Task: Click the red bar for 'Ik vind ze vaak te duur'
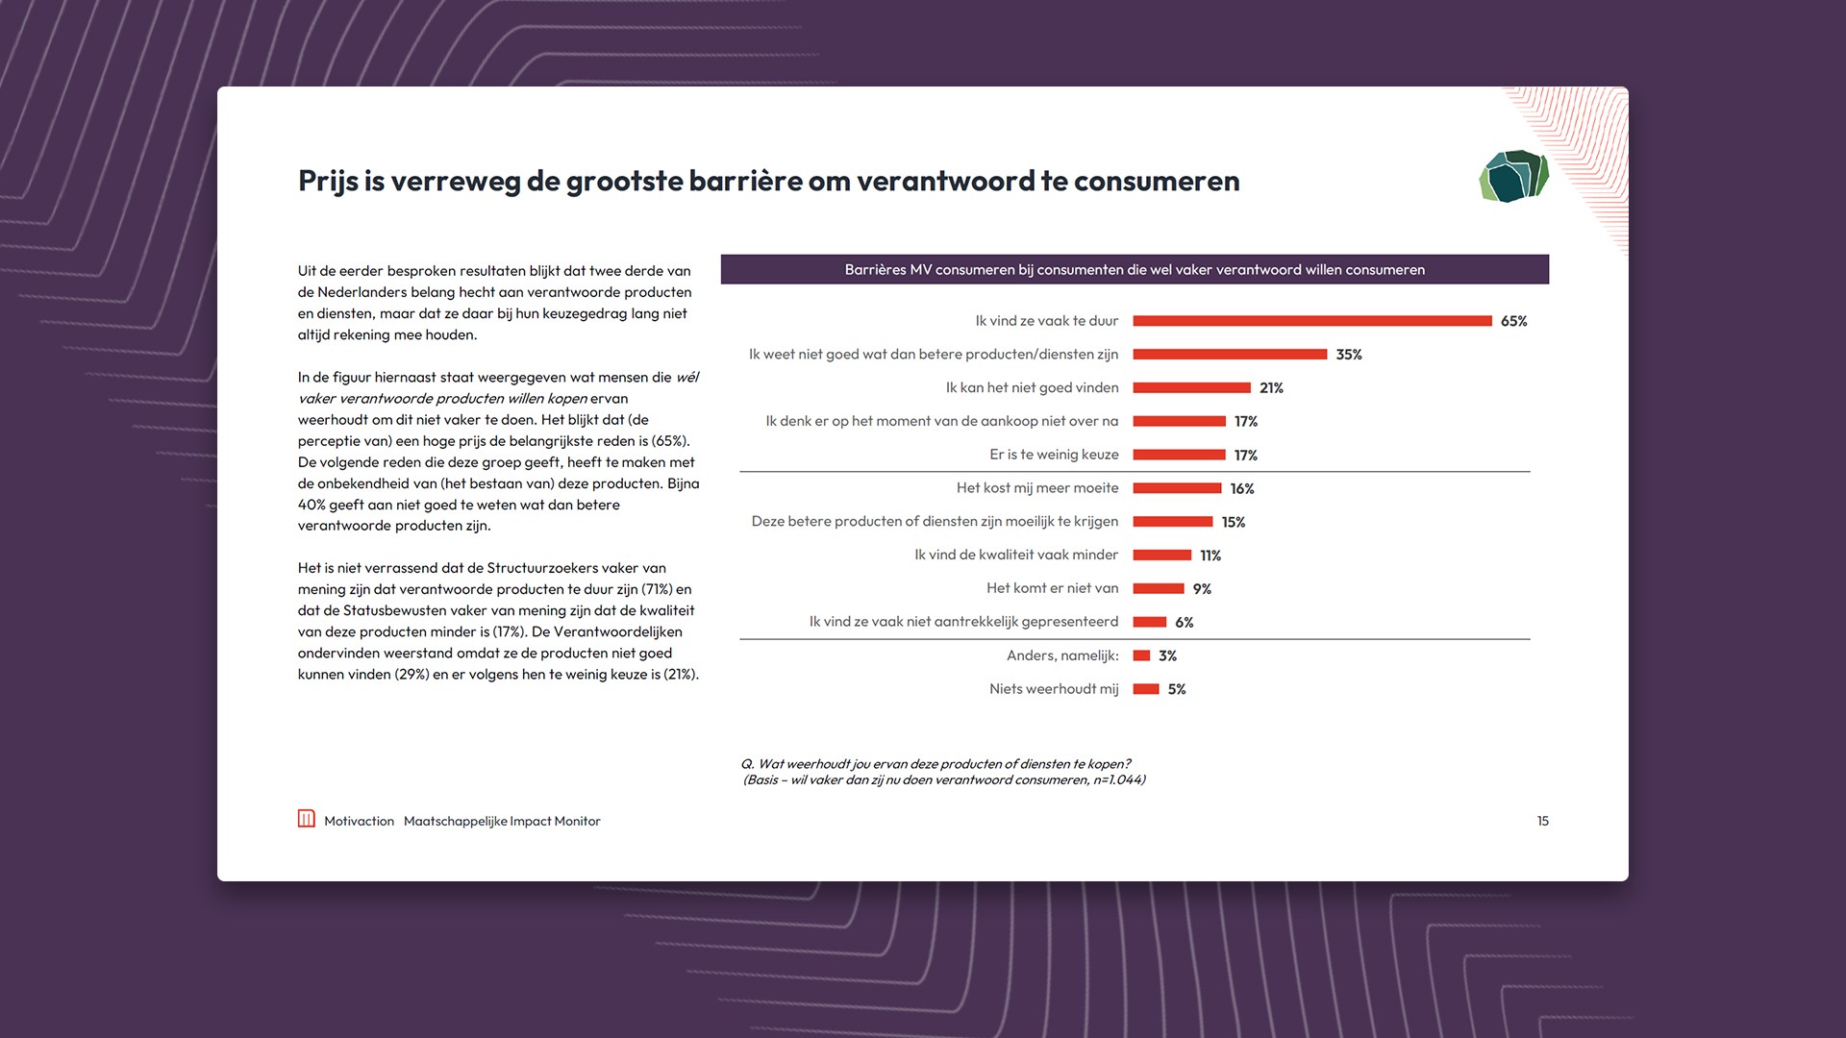coord(1311,321)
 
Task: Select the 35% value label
coord(1348,355)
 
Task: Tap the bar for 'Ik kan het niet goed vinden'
coord(1191,388)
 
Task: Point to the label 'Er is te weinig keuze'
coord(1054,455)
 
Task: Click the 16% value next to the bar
coord(1241,489)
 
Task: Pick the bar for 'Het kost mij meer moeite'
coord(1177,488)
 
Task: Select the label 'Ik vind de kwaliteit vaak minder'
coord(1016,556)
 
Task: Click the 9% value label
coord(1202,589)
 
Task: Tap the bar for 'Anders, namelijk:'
coord(1141,655)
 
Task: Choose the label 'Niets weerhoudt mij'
coord(1054,689)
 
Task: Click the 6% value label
coord(1184,623)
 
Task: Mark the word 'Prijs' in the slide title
coord(328,182)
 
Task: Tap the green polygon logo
coord(1513,176)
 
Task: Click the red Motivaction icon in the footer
coord(307,819)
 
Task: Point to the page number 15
coord(1542,821)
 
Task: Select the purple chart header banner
coord(1135,269)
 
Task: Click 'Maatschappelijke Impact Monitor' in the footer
coord(502,821)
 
